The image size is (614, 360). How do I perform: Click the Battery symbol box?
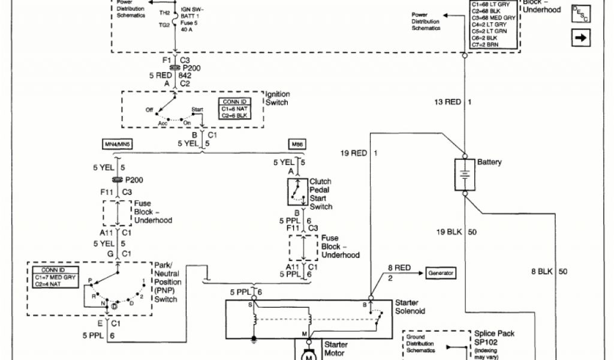coord(464,175)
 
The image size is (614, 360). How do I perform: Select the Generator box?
coord(440,273)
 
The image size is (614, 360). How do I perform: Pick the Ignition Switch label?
coord(278,98)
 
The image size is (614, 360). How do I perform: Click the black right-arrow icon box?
coord(581,37)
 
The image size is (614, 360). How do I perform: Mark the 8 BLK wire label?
coord(542,272)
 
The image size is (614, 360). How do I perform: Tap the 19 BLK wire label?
coord(449,232)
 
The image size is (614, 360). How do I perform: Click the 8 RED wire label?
coord(398,268)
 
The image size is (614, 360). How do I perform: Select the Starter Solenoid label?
coord(411,307)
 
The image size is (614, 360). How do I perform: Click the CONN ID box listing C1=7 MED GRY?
coord(53,277)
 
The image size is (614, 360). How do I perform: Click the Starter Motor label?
coord(336,349)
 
